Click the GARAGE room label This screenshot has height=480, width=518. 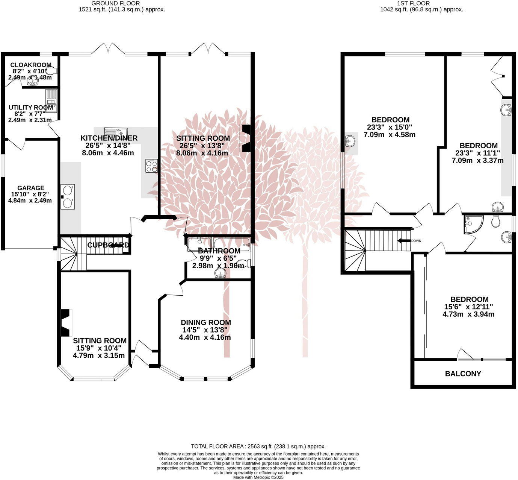click(x=30, y=188)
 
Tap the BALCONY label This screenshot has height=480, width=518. click(x=463, y=374)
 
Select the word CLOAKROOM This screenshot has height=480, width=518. click(x=31, y=65)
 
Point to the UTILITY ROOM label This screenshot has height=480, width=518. click(x=31, y=108)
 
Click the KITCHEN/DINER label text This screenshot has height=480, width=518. click(x=109, y=138)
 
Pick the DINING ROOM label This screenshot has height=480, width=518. click(x=205, y=322)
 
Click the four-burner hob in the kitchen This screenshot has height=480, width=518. click(x=152, y=166)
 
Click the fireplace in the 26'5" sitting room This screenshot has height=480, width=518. click(x=246, y=138)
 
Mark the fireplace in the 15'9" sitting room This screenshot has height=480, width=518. click(x=66, y=322)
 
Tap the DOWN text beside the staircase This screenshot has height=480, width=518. click(x=416, y=241)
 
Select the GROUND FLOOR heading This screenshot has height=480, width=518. click(x=115, y=3)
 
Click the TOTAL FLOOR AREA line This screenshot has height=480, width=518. click(x=258, y=446)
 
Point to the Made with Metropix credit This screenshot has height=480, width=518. click(x=258, y=477)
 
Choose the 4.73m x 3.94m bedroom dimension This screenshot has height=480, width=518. click(x=468, y=314)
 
